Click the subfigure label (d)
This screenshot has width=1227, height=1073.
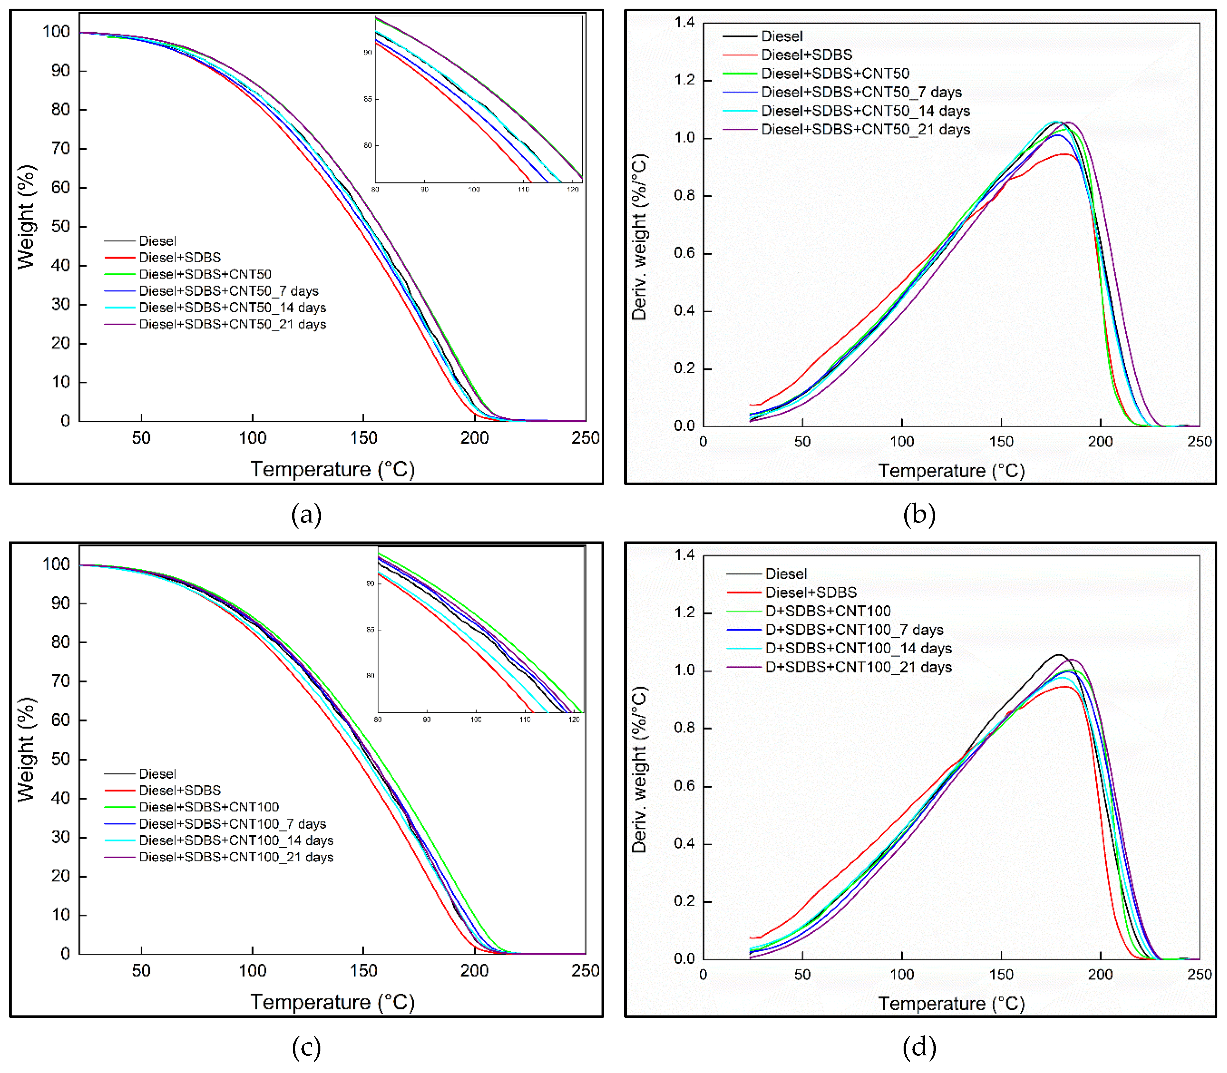[x=919, y=1048]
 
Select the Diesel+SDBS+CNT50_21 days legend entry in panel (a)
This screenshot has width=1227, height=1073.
[x=232, y=324]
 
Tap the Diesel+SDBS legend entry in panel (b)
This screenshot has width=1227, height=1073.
[x=806, y=55]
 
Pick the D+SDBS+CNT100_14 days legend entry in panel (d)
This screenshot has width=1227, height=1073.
[x=858, y=648]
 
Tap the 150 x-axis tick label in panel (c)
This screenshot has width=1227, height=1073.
[x=363, y=971]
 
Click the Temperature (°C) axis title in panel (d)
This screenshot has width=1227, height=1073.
[x=951, y=1004]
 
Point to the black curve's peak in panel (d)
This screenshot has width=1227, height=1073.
[x=1058, y=655]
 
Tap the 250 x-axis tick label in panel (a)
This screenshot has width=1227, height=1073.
[x=585, y=438]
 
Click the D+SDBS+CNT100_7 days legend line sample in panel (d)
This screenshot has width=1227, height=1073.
[x=744, y=630]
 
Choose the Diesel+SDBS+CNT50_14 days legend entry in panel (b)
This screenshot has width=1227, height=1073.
[x=865, y=111]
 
